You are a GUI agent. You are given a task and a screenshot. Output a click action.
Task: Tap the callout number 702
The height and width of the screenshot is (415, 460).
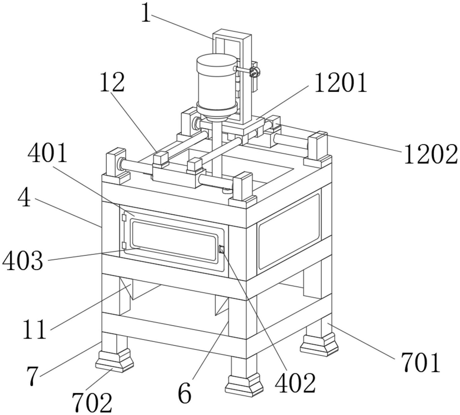click(x=92, y=403)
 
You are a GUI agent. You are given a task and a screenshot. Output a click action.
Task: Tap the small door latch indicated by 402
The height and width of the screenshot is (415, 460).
click(x=221, y=249)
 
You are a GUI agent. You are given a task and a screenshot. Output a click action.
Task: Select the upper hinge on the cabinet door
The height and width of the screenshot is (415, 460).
click(x=124, y=218)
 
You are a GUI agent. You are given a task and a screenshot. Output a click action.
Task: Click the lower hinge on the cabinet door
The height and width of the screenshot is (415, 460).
click(x=124, y=246)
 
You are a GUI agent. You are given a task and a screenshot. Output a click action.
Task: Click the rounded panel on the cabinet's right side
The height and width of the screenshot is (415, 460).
click(x=289, y=231)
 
